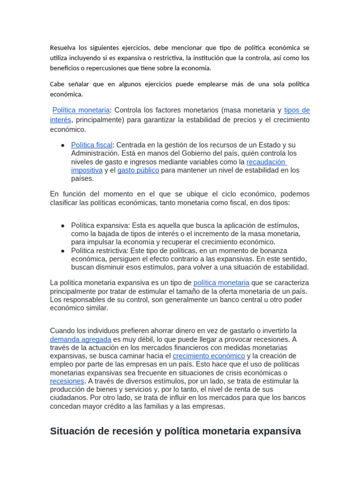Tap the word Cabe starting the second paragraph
coord(58,84)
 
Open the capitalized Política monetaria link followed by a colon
coord(81,110)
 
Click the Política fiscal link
coord(91,145)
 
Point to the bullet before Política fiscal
coord(62,145)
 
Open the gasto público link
coord(138,170)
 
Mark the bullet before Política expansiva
coord(62,225)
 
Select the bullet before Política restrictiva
coord(62,251)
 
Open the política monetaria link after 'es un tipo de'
coord(221,283)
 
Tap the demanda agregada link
coord(81,339)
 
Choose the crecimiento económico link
coord(209,356)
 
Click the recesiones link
coord(67,381)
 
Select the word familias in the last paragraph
coord(180,406)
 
